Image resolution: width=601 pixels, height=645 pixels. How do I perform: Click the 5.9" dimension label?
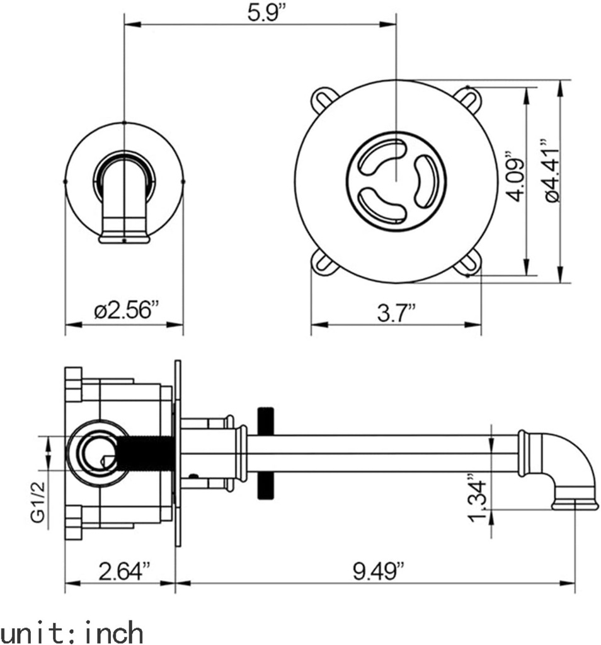(259, 13)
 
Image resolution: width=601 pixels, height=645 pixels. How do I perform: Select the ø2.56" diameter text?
(126, 311)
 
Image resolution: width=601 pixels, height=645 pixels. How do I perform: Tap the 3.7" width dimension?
(396, 312)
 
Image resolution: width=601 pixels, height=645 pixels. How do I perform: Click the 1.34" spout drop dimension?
(478, 500)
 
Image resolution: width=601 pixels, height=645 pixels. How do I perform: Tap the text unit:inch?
(72, 631)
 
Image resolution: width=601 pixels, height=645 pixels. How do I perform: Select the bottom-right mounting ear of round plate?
(468, 263)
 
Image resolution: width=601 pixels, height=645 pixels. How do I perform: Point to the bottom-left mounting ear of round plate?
(324, 262)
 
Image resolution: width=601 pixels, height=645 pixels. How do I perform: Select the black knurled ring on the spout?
(265, 453)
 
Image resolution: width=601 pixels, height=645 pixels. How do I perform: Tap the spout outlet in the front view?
(124, 237)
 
